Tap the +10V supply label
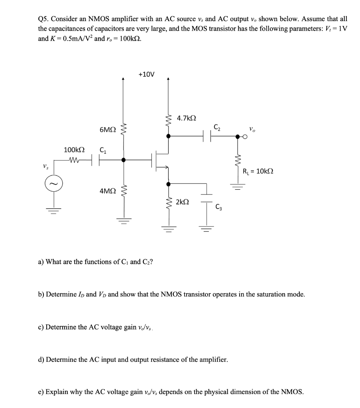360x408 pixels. tap(146, 74)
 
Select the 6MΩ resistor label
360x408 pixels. tap(108, 130)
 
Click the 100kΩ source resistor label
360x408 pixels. tap(74, 150)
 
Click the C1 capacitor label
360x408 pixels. tap(102, 150)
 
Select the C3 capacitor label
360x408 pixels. tap(219, 206)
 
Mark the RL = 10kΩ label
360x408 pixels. tap(258, 172)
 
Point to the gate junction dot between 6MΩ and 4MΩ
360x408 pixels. tap(124, 160)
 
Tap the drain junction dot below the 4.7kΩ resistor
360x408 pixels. tap(168, 136)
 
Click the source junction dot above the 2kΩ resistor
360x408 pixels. tap(168, 184)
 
